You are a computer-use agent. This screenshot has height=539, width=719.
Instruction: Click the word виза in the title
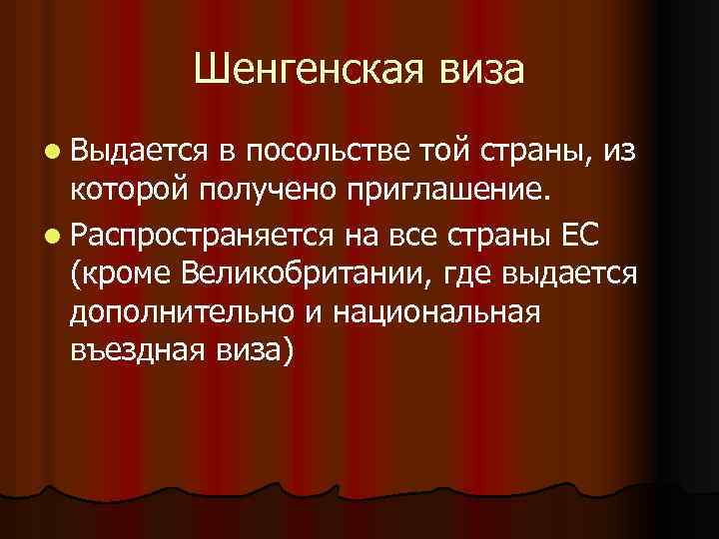[477, 70]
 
